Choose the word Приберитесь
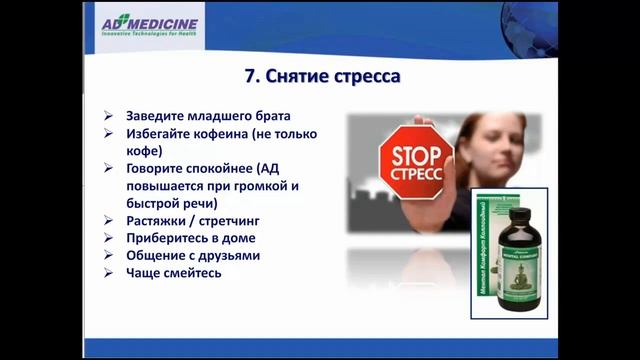[x=170, y=238]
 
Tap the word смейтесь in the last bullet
[x=194, y=273]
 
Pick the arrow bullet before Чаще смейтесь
[x=109, y=274]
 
